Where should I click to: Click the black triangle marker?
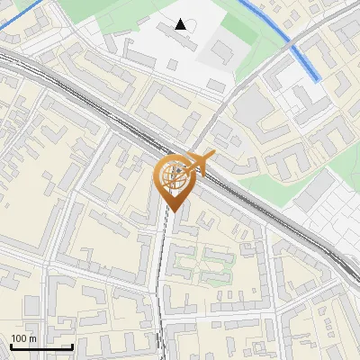[x=181, y=24]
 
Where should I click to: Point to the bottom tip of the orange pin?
[x=174, y=211]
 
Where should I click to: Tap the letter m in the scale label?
[x=32, y=338]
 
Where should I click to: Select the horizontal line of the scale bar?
[x=41, y=346]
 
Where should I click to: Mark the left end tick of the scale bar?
[x=11, y=345]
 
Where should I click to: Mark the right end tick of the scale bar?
[x=72, y=345]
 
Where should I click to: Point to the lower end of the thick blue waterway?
[x=317, y=78]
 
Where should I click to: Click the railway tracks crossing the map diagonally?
[x=90, y=99]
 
